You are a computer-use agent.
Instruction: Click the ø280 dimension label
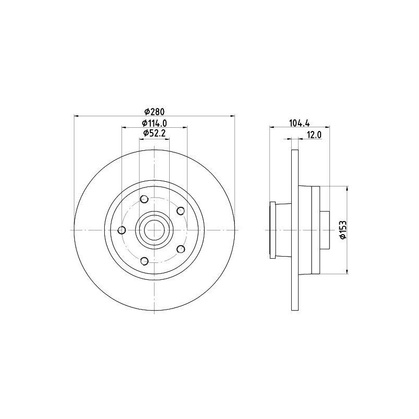click(x=154, y=111)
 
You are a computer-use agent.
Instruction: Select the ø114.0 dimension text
click(x=155, y=123)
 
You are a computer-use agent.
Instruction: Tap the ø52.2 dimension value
click(x=155, y=133)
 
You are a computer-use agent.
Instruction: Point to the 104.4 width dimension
click(x=299, y=123)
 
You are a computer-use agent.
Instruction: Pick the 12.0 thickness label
click(x=314, y=135)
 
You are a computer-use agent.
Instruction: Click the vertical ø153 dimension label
click(x=343, y=229)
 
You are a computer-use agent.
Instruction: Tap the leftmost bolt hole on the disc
click(x=122, y=230)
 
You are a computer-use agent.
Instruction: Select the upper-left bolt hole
click(x=145, y=199)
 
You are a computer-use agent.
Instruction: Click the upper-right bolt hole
click(x=181, y=211)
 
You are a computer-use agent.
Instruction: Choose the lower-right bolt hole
click(x=181, y=249)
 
